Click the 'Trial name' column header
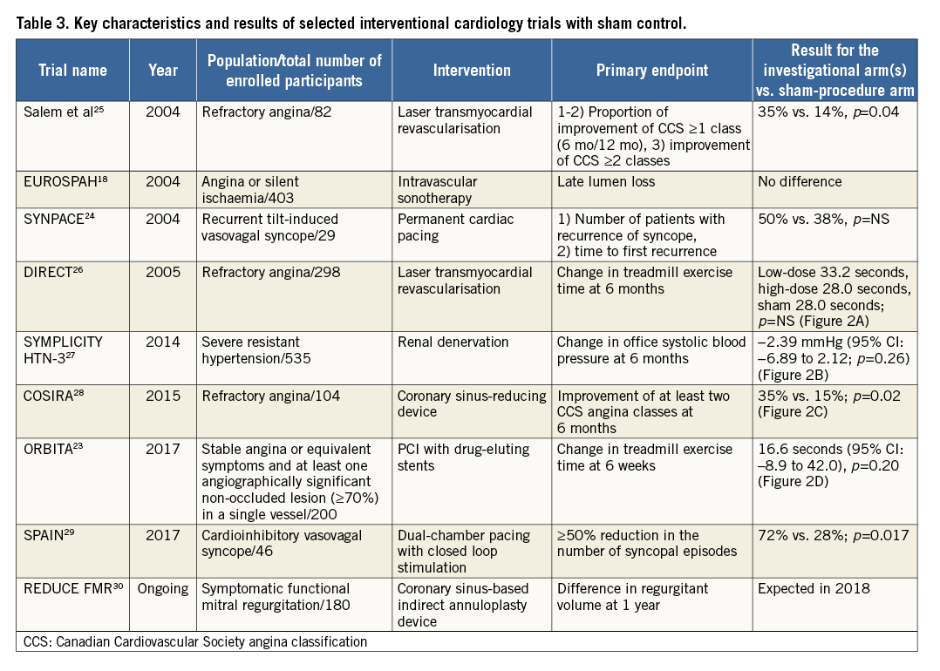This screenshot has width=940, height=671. click(73, 71)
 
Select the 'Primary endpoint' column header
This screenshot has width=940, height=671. click(652, 71)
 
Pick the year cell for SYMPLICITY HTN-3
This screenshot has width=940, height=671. click(163, 342)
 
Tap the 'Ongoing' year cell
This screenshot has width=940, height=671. click(163, 588)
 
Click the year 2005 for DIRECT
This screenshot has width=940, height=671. click(163, 273)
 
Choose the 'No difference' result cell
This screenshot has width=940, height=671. click(800, 182)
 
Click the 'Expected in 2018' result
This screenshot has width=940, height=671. click(814, 588)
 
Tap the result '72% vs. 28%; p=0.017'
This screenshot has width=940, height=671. click(833, 535)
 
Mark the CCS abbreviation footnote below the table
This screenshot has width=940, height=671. click(192, 642)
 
